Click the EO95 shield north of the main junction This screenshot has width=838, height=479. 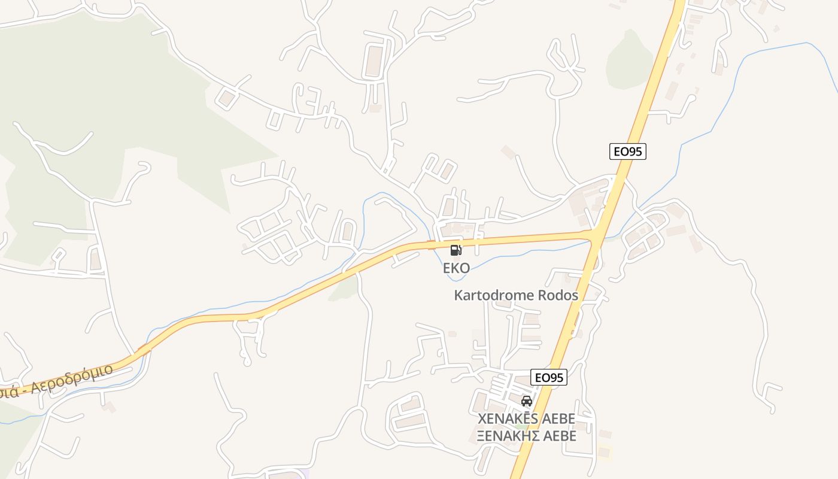(x=628, y=151)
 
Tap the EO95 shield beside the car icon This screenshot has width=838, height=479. (x=548, y=377)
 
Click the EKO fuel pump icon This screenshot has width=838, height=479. (x=456, y=250)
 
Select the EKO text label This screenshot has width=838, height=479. (x=456, y=268)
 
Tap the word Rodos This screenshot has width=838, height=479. (x=558, y=295)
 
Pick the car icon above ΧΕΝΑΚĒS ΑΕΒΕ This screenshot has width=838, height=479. (x=527, y=401)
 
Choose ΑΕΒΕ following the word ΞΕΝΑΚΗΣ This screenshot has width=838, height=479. (x=558, y=436)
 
